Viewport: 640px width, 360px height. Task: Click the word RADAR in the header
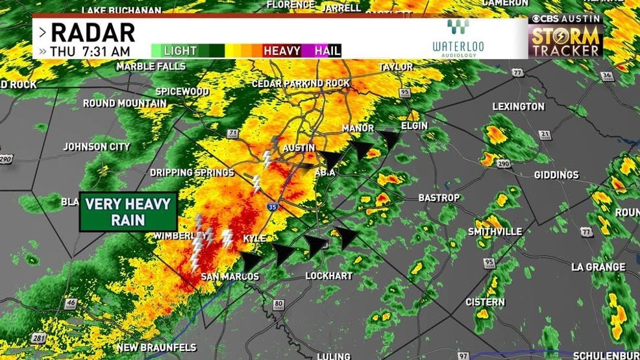coord(92,32)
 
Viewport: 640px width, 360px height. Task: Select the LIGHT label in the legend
coord(180,51)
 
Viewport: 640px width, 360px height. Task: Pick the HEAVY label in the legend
coord(282,51)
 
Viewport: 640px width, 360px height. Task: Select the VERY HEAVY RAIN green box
coord(128,211)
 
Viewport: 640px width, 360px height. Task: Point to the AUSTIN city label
coord(299,149)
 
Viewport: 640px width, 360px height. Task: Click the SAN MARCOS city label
coord(230,277)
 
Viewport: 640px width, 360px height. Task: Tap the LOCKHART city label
coord(329,276)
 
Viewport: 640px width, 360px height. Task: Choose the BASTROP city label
coord(439,198)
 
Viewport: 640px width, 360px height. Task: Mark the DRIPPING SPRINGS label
coord(191,173)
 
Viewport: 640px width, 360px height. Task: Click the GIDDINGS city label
coord(557,175)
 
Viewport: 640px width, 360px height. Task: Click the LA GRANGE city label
coord(598,267)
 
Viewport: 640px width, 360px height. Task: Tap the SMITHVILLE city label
coord(495,232)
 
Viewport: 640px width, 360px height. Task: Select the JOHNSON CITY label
coord(96,147)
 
